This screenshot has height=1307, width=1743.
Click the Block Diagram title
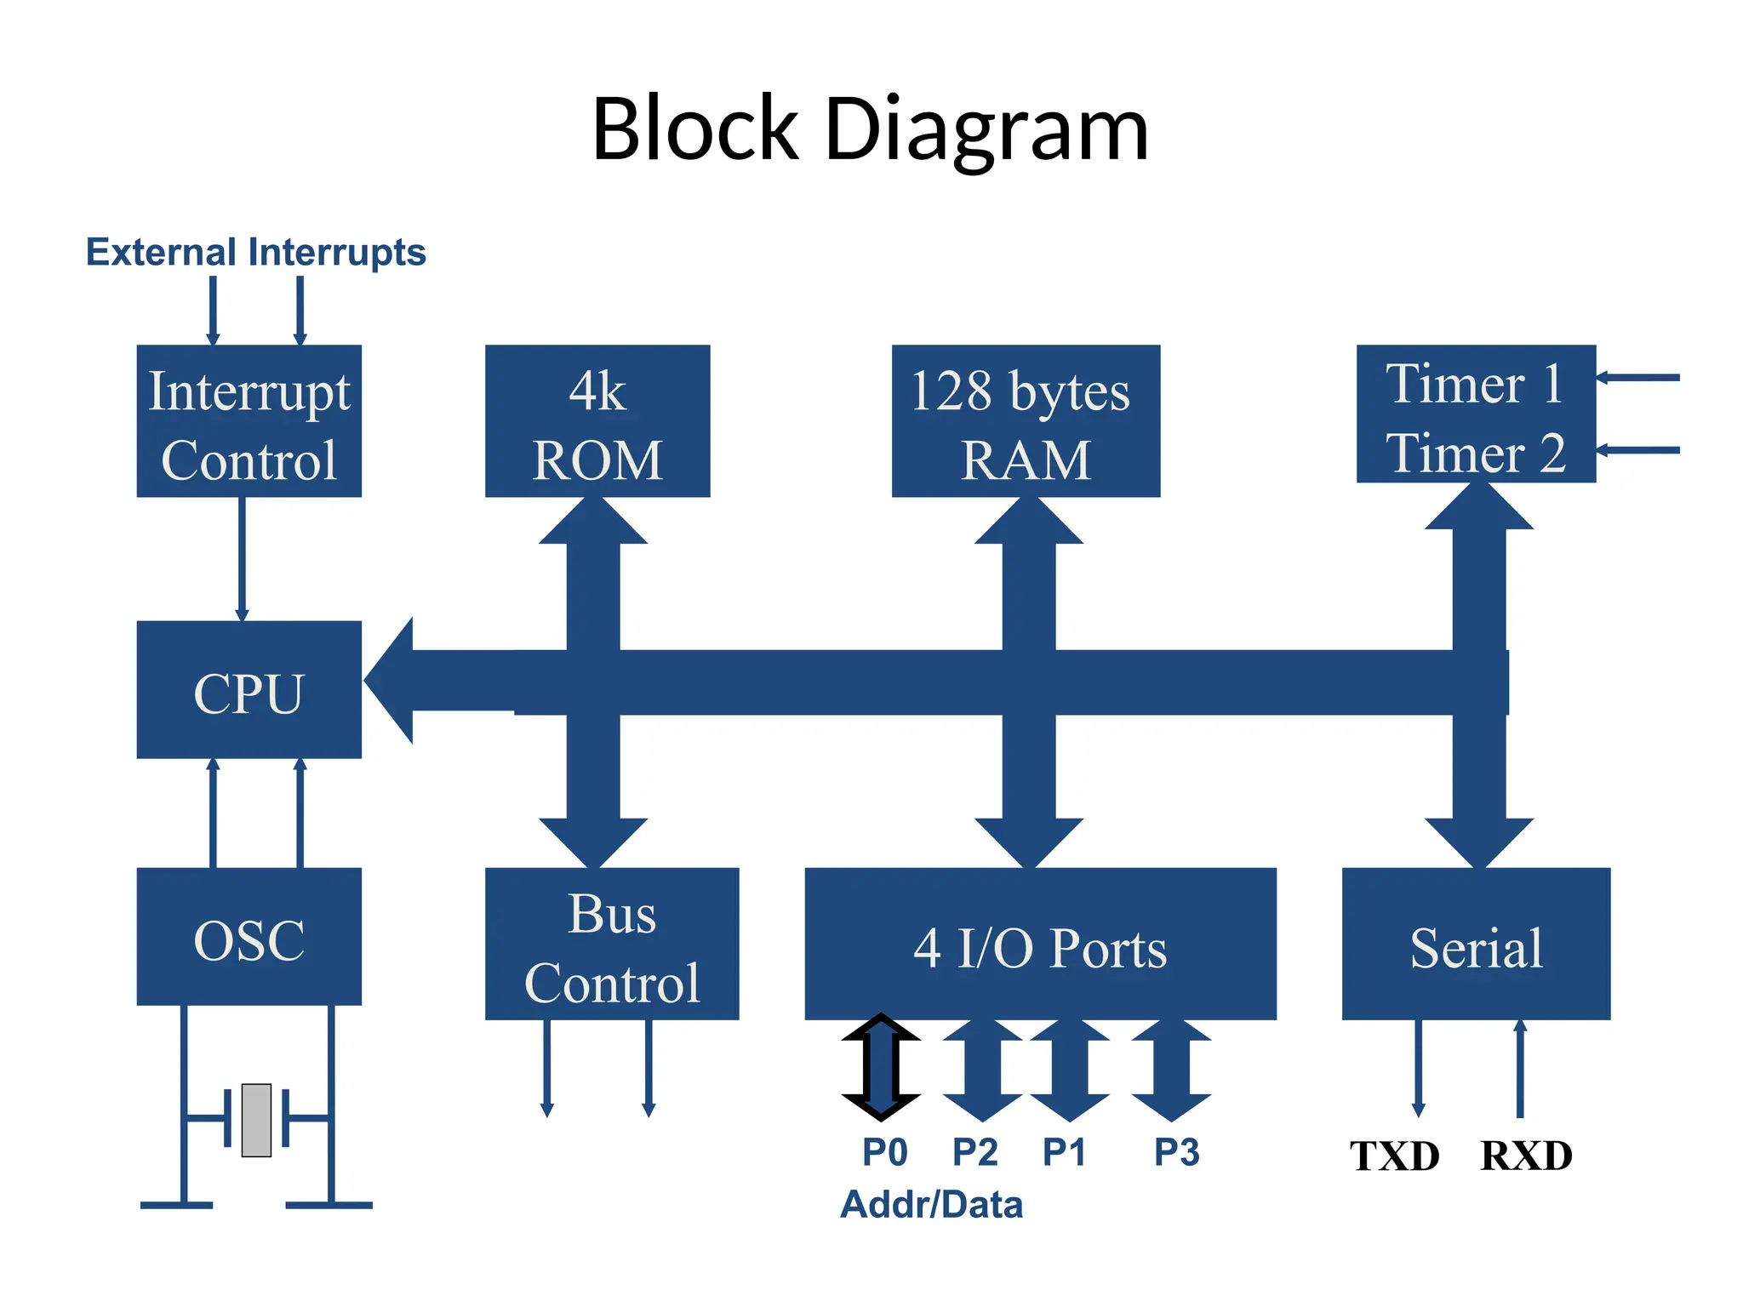pyautogui.click(x=870, y=129)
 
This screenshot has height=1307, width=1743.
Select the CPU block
pyautogui.click(x=249, y=690)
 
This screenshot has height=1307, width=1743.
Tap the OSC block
pyautogui.click(x=249, y=937)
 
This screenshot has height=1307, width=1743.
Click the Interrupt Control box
pyautogui.click(x=249, y=421)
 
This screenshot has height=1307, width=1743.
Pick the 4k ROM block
pyautogui.click(x=597, y=421)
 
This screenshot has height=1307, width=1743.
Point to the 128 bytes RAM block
pyautogui.click(x=1026, y=421)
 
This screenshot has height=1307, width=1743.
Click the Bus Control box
pyautogui.click(x=612, y=945)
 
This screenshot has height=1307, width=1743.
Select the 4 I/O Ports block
pyautogui.click(x=1040, y=945)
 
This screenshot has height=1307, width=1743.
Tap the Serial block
pyautogui.click(x=1476, y=945)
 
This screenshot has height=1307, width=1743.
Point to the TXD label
pyautogui.click(x=1395, y=1156)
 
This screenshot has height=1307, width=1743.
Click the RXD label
pyautogui.click(x=1526, y=1156)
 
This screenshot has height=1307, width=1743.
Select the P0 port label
pyautogui.click(x=884, y=1152)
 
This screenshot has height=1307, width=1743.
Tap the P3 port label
pyautogui.click(x=1176, y=1152)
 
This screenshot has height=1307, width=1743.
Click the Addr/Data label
pyautogui.click(x=931, y=1205)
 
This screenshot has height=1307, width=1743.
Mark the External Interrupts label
pyautogui.click(x=255, y=253)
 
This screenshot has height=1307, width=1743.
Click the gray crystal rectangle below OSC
pyautogui.click(x=256, y=1120)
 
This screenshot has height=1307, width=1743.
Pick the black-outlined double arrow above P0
pyautogui.click(x=881, y=1067)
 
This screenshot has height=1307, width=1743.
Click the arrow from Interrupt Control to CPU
pyautogui.click(x=243, y=558)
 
